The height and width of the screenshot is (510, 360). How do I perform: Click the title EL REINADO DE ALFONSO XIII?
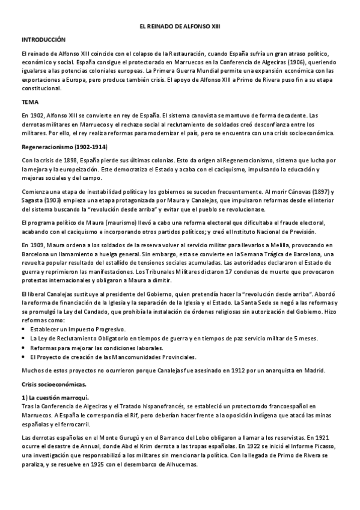click(x=180, y=27)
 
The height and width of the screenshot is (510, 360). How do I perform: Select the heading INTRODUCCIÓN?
click(x=43, y=39)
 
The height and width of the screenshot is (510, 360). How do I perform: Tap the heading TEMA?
click(x=29, y=102)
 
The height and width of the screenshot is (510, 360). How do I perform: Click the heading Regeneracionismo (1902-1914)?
click(x=64, y=147)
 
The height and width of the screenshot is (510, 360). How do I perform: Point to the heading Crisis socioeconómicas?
click(x=53, y=383)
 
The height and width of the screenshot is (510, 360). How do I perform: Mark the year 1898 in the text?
click(x=66, y=161)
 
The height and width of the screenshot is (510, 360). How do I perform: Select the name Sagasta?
click(x=32, y=201)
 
